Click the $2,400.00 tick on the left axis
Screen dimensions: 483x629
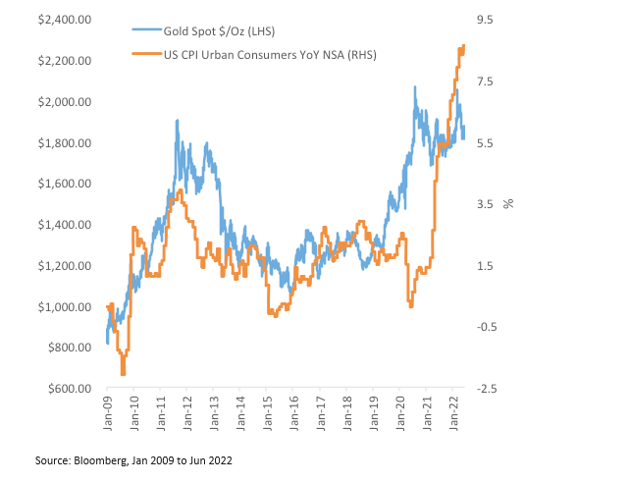point(66,20)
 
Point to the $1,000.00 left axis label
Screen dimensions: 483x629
point(66,307)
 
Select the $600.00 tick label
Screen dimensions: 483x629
point(69,389)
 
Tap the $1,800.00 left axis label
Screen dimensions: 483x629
point(66,143)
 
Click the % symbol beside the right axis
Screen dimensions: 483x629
point(509,204)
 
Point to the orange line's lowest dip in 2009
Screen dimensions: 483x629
point(123,374)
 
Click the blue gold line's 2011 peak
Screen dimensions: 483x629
point(177,121)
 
